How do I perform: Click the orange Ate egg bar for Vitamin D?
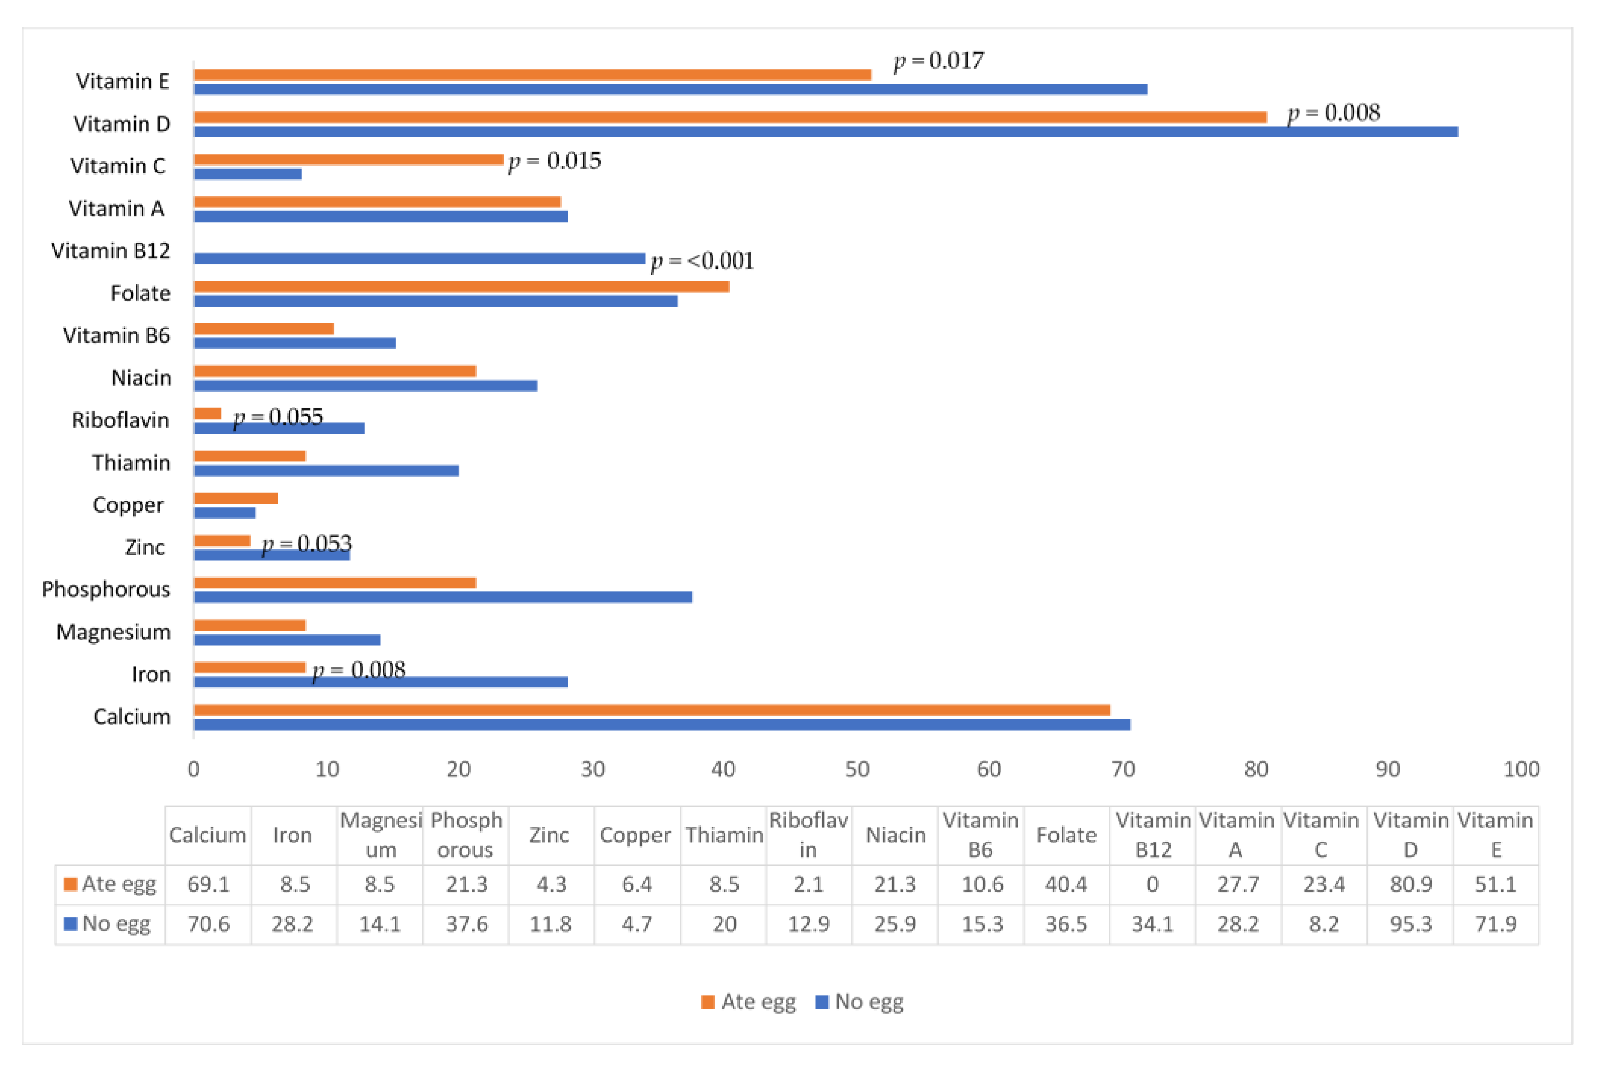pyautogui.click(x=730, y=117)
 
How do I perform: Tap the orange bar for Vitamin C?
pyautogui.click(x=348, y=159)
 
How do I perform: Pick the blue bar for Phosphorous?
pyautogui.click(x=443, y=597)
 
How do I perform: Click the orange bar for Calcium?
pyautogui.click(x=652, y=710)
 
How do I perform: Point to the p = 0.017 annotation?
pyautogui.click(x=938, y=61)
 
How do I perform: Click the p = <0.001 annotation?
pyautogui.click(x=702, y=261)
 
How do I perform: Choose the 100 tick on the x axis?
pyautogui.click(x=1521, y=769)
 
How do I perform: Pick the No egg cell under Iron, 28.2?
pyautogui.click(x=293, y=924)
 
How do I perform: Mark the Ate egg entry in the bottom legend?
pyautogui.click(x=748, y=1002)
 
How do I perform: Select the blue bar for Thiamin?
pyautogui.click(x=326, y=471)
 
